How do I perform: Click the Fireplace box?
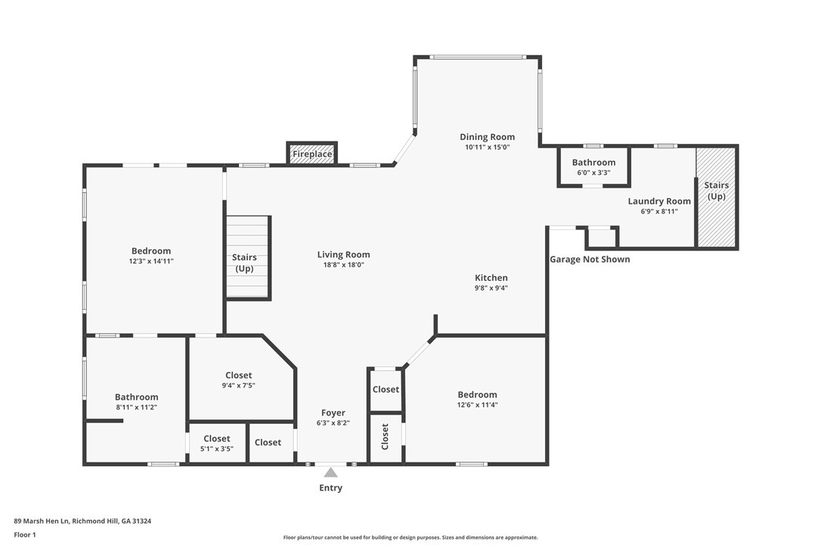point(311,153)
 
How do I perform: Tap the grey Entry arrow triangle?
point(330,472)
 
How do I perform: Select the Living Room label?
point(343,254)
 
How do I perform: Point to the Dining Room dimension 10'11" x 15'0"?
point(487,148)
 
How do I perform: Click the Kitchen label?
point(491,278)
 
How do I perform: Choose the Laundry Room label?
point(659,201)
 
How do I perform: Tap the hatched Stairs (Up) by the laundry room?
point(716,198)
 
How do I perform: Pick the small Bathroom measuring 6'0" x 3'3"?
point(593,167)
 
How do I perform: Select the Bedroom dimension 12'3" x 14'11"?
point(151,261)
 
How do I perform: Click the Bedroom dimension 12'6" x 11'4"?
point(477,405)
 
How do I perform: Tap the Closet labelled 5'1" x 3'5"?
point(217,443)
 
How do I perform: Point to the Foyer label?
point(333,413)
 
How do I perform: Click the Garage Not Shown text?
point(590,259)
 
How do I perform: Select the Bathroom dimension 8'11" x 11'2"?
point(136,407)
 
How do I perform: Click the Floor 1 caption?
point(25,535)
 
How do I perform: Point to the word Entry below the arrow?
point(331,487)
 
